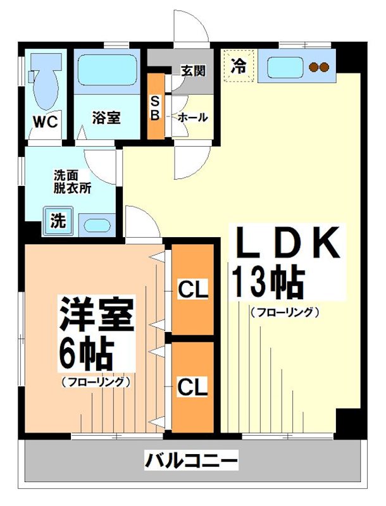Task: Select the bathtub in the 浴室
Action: pyautogui.click(x=106, y=71)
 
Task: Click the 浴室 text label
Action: pyautogui.click(x=106, y=118)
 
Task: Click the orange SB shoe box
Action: pyautogui.click(x=156, y=107)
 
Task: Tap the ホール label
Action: pyautogui.click(x=192, y=118)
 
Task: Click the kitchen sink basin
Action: pyautogui.click(x=284, y=66)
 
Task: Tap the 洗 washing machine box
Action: pyautogui.click(x=57, y=221)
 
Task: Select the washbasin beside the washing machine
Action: pyautogui.click(x=97, y=224)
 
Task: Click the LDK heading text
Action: pyautogui.click(x=288, y=244)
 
